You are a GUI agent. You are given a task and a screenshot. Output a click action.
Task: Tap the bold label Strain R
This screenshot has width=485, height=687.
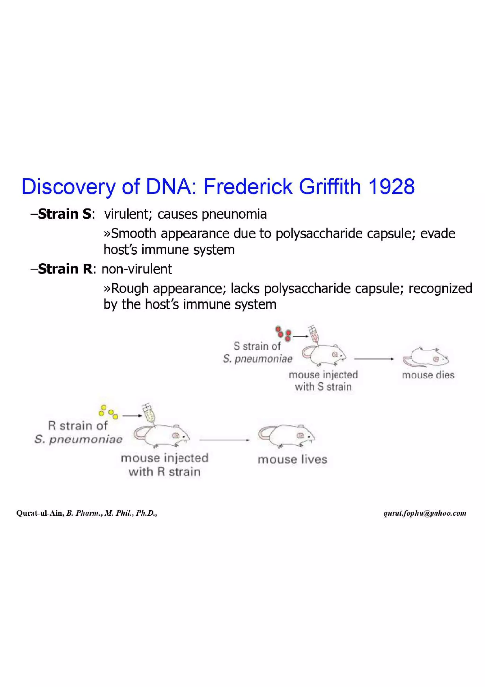pos(65,269)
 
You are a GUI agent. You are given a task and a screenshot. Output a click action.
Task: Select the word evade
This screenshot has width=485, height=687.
pos(438,234)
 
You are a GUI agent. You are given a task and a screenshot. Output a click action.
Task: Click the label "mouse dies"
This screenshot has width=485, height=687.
pos(428,375)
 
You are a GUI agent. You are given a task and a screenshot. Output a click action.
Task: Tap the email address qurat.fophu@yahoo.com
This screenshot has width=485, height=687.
pos(425,513)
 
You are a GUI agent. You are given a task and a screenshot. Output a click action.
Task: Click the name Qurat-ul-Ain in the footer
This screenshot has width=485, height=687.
pos(40,513)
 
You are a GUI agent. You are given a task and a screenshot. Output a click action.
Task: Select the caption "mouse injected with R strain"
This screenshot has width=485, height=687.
pos(164,465)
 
